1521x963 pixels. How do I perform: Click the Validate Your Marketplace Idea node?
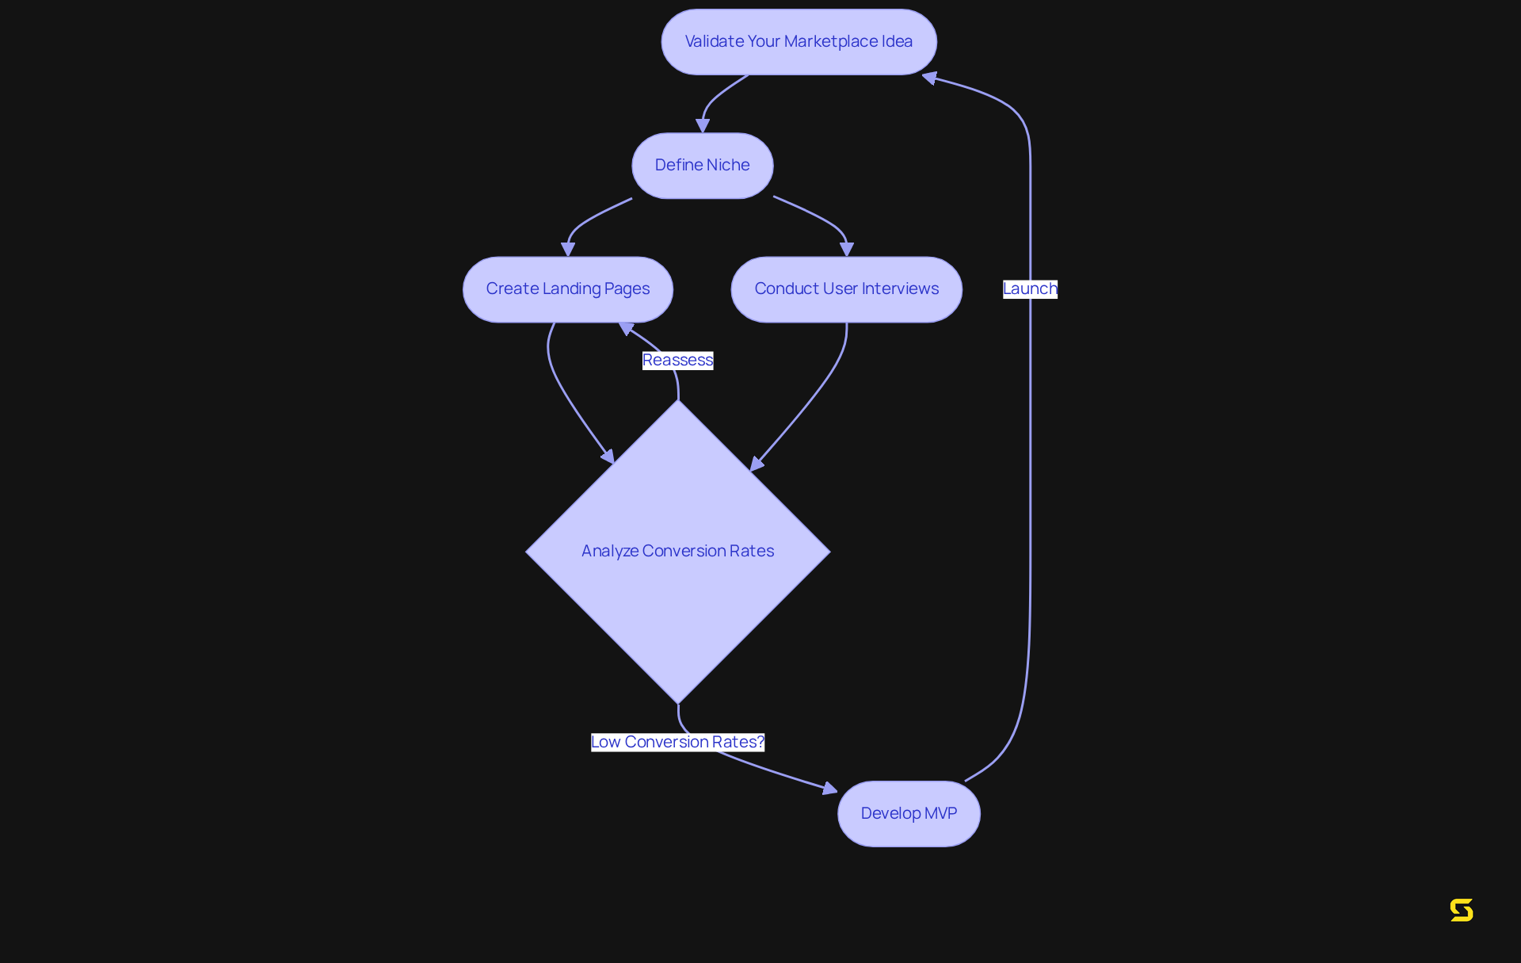point(799,42)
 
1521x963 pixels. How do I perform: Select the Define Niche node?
point(702,166)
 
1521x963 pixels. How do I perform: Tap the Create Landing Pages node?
point(567,289)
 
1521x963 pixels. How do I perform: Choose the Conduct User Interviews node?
point(846,289)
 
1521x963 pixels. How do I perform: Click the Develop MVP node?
point(909,814)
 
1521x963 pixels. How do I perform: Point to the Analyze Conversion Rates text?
point(677,551)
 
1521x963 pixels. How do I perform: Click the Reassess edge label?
point(677,361)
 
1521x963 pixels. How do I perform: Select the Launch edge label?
point(1030,289)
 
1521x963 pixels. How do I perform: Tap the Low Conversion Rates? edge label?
point(677,742)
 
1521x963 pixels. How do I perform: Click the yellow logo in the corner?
point(1462,910)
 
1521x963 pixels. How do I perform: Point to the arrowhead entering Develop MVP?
point(830,788)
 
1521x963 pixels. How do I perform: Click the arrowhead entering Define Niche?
point(703,126)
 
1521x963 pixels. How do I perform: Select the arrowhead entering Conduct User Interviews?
point(847,249)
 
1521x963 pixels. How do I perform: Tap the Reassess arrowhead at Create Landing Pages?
point(626,327)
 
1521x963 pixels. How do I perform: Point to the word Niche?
point(728,166)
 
